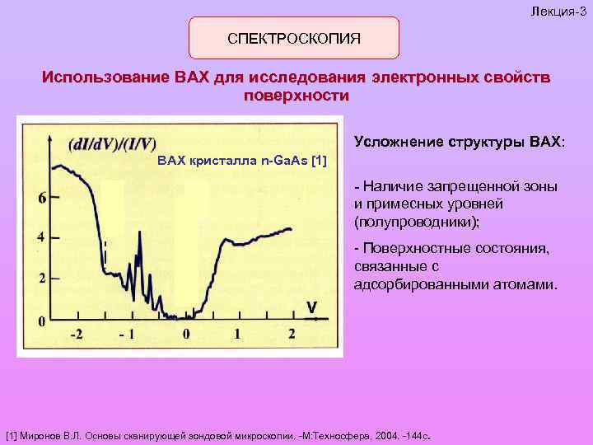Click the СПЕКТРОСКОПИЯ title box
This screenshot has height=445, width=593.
pos(294,39)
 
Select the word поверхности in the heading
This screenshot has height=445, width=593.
pos(296,96)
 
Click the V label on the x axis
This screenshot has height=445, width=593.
pos(311,307)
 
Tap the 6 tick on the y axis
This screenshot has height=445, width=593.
pos(42,198)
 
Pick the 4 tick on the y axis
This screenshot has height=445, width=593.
pos(42,237)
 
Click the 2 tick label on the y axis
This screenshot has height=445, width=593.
pos(42,278)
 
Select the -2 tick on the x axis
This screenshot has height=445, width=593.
pos(75,335)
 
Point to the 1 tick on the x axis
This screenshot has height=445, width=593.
pos(238,335)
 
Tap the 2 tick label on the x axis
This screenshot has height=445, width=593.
pos(292,335)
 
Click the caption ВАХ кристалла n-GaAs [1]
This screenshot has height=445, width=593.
pos(241,158)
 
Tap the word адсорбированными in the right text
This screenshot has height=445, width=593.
pos(409,285)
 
